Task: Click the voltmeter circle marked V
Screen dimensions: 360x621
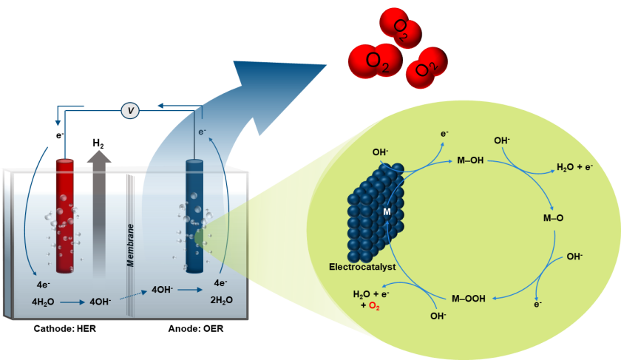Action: point(131,111)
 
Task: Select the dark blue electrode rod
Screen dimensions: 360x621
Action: point(194,214)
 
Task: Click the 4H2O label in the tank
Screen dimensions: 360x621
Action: point(44,302)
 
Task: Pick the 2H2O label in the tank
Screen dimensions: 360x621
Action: point(221,300)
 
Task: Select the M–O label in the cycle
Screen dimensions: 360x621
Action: point(553,217)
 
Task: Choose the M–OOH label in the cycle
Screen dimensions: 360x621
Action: point(469,299)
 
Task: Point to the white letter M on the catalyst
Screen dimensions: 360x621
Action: point(386,212)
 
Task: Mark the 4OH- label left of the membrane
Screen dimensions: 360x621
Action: point(100,302)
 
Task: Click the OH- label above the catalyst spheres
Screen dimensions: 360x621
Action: point(380,152)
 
